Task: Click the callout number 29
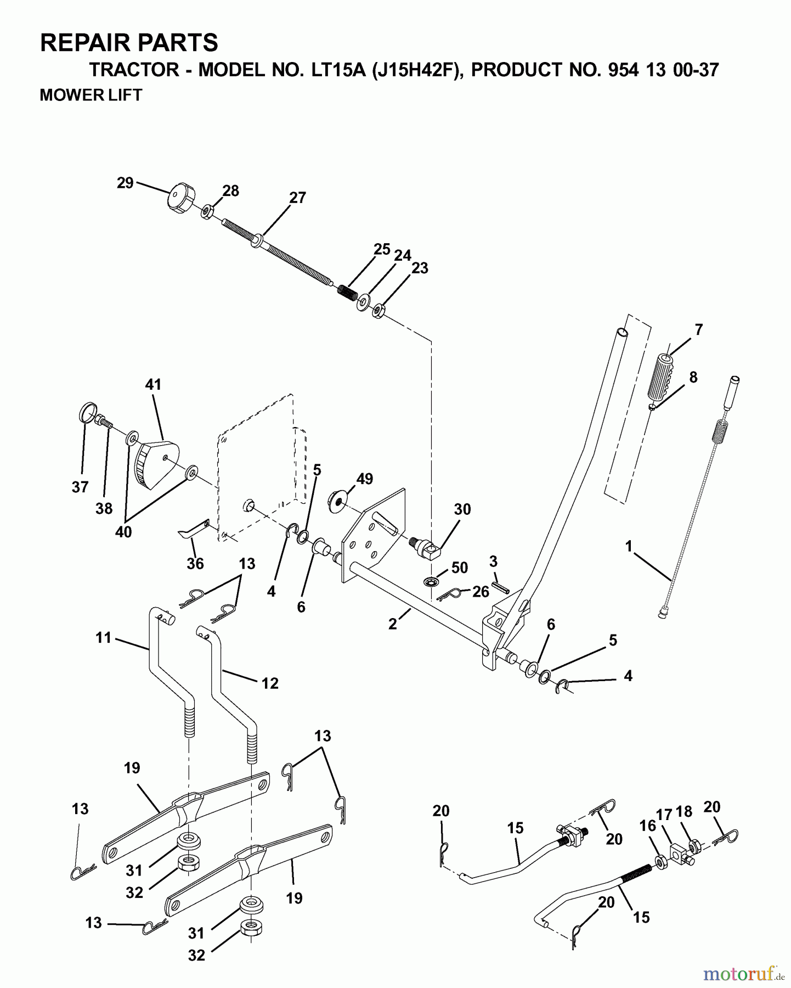point(125,183)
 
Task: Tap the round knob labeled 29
point(179,200)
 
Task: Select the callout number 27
point(297,198)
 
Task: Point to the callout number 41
point(153,384)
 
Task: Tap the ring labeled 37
point(88,412)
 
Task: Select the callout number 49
point(364,479)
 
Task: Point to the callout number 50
point(459,568)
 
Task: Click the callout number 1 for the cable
point(629,546)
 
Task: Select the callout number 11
point(103,637)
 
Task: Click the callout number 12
point(270,683)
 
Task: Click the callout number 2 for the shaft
point(393,624)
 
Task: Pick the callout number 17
point(664,815)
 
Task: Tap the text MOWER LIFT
point(91,95)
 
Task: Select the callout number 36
point(195,563)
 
